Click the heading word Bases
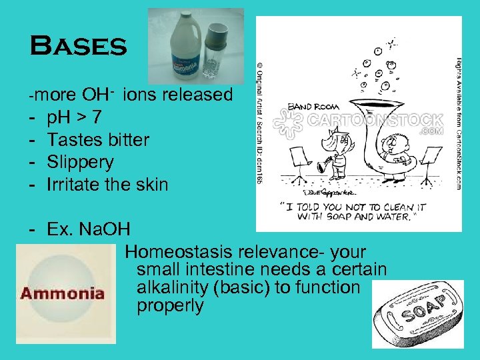pyautogui.click(x=78, y=46)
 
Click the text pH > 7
pyautogui.click(x=75, y=117)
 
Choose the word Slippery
pyautogui.click(x=80, y=162)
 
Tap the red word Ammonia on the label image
pyautogui.click(x=63, y=293)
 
